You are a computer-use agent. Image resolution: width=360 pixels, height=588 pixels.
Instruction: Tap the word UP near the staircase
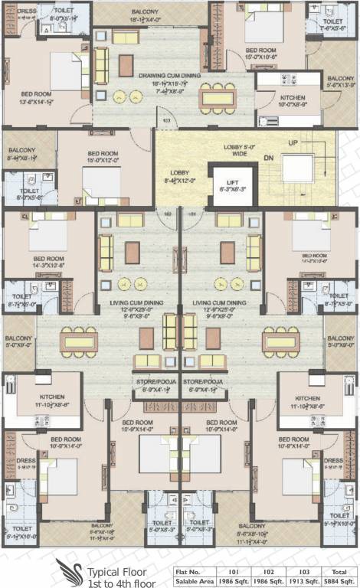point(292,142)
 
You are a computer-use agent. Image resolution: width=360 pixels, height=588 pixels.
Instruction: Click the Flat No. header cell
point(188,570)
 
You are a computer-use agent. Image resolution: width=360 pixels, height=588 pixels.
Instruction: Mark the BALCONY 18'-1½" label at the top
point(145,13)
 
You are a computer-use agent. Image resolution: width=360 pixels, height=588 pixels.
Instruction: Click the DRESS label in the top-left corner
point(27,11)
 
